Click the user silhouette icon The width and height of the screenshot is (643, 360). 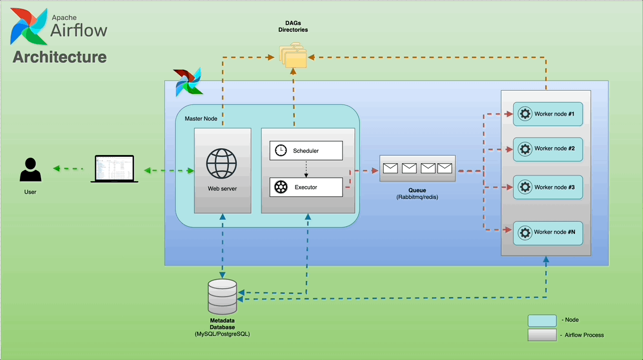tap(31, 170)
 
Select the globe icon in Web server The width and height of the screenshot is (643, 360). tap(222, 163)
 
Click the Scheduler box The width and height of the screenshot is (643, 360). tap(306, 151)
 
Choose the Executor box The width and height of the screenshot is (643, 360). tap(306, 187)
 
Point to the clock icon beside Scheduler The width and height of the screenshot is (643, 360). tap(281, 151)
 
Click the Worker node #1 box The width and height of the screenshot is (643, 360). tap(547, 114)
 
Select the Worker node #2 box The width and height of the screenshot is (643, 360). tap(547, 149)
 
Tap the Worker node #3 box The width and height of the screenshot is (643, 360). tap(547, 187)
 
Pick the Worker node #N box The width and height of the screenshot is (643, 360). tap(547, 233)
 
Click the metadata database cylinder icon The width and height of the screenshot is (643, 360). tap(222, 297)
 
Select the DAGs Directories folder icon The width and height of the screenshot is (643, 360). tap(293, 57)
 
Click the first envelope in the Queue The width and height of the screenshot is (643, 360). tap(390, 168)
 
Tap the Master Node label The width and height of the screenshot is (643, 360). tap(201, 119)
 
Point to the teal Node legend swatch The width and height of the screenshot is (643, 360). tap(542, 320)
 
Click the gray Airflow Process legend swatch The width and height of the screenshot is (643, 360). tap(542, 335)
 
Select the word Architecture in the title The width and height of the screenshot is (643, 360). tap(60, 57)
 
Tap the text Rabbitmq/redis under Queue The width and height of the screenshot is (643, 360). tap(417, 197)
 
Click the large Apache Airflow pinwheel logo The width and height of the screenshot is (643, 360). tap(28, 26)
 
